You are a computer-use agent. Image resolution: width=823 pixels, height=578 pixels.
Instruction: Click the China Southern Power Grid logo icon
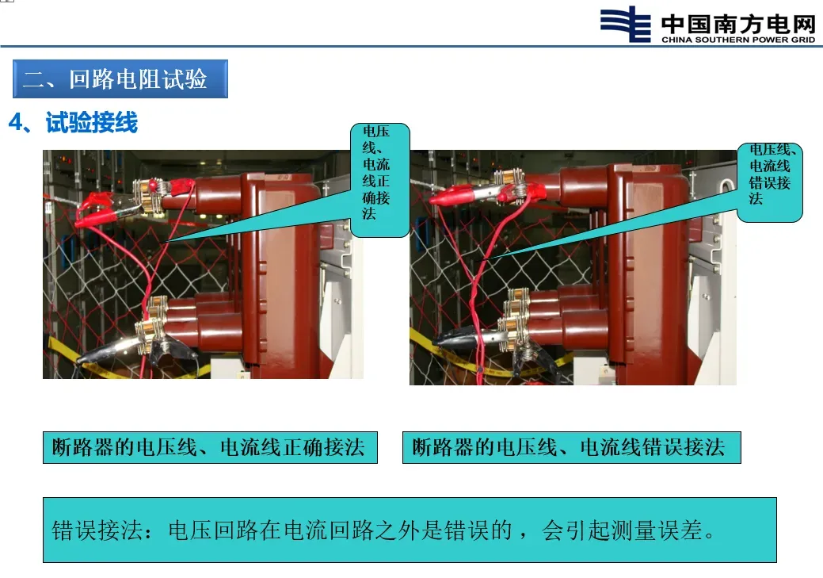626,24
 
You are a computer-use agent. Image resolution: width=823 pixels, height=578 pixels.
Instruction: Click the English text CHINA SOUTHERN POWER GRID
738,40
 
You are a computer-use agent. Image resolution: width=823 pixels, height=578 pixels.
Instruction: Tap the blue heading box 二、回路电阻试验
120,78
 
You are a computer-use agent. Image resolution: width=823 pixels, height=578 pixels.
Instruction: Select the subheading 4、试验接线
73,122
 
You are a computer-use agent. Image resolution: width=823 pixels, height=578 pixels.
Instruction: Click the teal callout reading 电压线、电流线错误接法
769,182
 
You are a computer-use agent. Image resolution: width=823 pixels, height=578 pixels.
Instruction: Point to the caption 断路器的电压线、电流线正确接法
210,447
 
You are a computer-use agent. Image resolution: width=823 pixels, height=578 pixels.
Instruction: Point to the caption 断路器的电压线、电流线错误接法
572,447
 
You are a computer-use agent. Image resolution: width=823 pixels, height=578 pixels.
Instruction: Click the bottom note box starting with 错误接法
410,530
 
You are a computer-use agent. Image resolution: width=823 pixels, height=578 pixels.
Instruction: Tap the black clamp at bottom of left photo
105,350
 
